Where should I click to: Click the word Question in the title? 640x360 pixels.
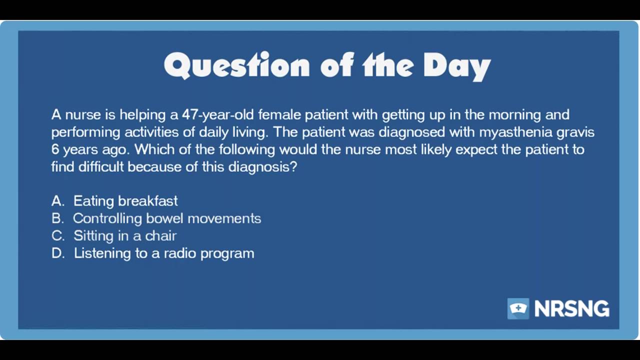point(236,65)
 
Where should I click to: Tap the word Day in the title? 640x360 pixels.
point(457,66)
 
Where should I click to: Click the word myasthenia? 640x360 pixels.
point(515,132)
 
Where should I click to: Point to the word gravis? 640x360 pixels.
point(574,132)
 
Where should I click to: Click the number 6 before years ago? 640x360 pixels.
point(55,149)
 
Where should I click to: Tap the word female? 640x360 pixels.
point(280,115)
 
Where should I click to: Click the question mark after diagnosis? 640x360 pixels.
point(293,166)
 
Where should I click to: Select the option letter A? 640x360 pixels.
point(57,201)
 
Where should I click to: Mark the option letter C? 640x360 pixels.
point(57,235)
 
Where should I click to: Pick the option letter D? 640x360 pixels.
point(57,253)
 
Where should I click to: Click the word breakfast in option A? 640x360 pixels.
point(148,201)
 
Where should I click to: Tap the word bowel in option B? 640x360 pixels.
point(164,218)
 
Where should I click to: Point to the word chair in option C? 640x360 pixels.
point(160,235)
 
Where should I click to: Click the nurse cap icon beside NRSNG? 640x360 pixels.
point(518,308)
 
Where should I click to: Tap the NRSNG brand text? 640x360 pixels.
point(571,308)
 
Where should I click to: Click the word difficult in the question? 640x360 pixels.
point(101,166)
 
